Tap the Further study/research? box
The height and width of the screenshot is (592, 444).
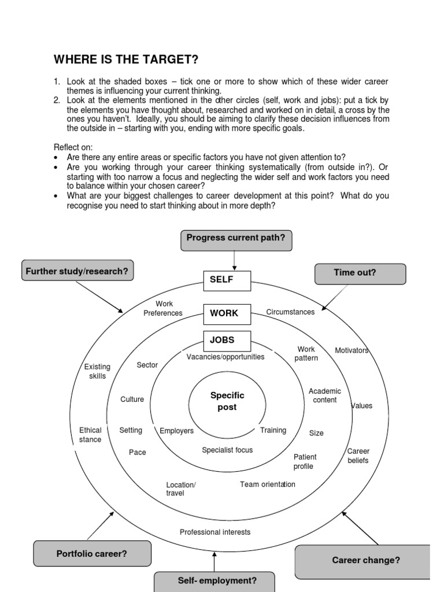77,271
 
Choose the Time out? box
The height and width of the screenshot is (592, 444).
360,273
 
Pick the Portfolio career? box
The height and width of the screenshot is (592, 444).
92,553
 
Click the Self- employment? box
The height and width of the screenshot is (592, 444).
213,581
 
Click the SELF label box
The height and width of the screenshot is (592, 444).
227,280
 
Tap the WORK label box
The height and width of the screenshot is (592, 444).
227,313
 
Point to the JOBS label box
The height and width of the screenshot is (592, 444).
227,341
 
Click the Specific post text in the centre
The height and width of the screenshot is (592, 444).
227,401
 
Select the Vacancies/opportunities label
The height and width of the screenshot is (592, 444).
225,357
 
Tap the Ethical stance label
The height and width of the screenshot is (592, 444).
90,435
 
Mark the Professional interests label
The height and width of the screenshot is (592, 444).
215,532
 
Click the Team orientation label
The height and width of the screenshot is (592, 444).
267,484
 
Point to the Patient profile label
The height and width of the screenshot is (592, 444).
305,461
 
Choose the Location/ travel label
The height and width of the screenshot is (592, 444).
181,489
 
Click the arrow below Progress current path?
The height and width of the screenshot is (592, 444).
234,261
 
